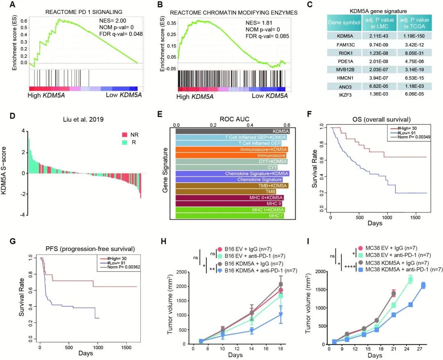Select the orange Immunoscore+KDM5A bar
(x=232, y=149)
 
